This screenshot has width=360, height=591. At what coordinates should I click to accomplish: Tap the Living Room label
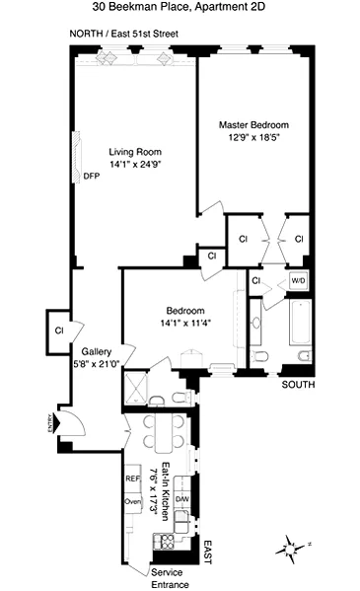128,151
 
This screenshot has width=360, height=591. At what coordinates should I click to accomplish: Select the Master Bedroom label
253,125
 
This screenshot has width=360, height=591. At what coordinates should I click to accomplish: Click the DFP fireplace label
91,177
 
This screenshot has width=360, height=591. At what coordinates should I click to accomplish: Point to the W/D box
297,281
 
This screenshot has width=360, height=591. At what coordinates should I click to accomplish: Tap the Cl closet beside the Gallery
59,330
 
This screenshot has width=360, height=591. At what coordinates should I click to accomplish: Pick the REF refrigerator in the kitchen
132,478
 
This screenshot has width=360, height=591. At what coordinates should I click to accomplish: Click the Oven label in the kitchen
132,500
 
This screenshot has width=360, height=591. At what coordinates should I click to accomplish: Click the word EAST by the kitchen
208,552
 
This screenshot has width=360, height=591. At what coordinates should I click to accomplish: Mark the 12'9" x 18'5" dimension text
253,138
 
